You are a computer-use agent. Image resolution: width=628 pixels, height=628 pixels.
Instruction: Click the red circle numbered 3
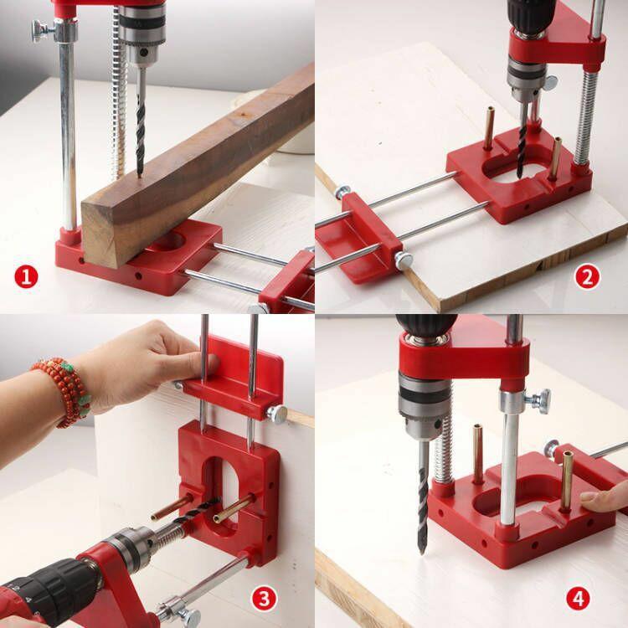coord(264,598)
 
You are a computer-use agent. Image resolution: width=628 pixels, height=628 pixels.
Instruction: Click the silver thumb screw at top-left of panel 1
coord(40,31)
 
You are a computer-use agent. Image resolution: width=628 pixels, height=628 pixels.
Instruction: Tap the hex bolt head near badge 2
coord(404,261)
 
